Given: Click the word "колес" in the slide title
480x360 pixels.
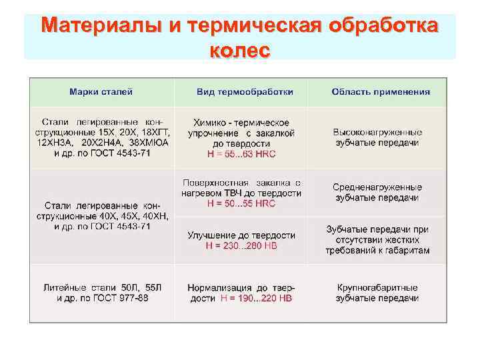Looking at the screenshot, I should pyautogui.click(x=239, y=50).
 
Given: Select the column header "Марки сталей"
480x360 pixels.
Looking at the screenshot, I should pyautogui.click(x=102, y=91).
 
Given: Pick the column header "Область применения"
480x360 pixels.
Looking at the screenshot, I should pyautogui.click(x=381, y=91).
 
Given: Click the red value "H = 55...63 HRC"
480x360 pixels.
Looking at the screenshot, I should pyautogui.click(x=241, y=153).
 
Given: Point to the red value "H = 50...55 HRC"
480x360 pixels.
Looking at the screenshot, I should pyautogui.click(x=241, y=203).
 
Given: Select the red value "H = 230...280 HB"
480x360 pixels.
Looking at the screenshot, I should pyautogui.click(x=241, y=245).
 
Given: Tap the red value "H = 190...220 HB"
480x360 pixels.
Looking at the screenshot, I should pyautogui.click(x=255, y=298).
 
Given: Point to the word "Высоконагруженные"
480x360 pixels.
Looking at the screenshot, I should pyautogui.click(x=377, y=133).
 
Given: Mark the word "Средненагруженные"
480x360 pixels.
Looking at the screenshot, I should pyautogui.click(x=377, y=187).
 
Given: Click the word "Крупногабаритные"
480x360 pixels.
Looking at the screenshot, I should pyautogui.click(x=377, y=287).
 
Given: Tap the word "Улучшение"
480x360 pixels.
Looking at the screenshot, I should pyautogui.click(x=210, y=235).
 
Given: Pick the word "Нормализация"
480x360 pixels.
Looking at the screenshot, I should pyautogui.click(x=217, y=287).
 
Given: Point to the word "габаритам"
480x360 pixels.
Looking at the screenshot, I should pyautogui.click(x=407, y=251).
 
